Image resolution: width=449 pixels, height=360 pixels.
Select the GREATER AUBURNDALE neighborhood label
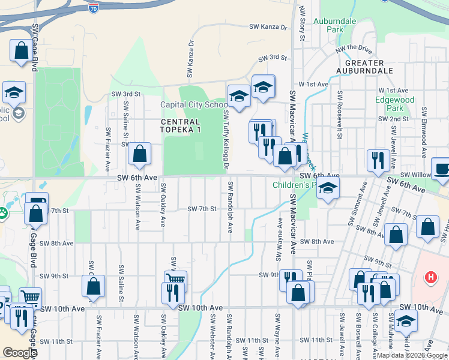pyautogui.click(x=364, y=67)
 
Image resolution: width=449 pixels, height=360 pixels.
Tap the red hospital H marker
pyautogui.click(x=430, y=278)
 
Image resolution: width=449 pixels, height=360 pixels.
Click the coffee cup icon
pyautogui.click(x=441, y=169)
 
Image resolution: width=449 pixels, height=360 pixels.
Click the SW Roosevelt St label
pyautogui.click(x=340, y=115)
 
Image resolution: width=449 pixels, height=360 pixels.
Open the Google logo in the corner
pyautogui.click(x=20, y=353)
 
